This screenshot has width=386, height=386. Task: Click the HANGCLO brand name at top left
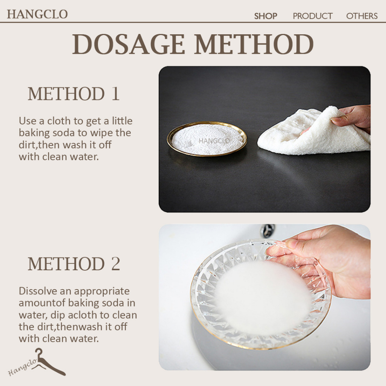[37, 14]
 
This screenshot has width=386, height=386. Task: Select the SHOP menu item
[266, 16]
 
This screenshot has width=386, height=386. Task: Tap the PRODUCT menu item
[312, 16]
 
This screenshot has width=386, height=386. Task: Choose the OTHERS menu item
[361, 16]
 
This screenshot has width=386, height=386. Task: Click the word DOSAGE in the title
[128, 44]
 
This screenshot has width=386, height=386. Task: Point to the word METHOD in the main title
[254, 44]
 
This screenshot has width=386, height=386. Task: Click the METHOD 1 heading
[74, 94]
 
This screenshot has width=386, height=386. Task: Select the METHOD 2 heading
[74, 263]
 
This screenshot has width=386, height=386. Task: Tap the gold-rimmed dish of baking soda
[207, 139]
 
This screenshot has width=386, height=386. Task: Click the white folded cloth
[312, 133]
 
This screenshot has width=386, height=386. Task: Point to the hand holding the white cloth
[352, 117]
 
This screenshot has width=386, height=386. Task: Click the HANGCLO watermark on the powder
[214, 141]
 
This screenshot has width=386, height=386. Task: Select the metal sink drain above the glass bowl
[267, 230]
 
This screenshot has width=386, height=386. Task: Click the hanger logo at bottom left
[37, 362]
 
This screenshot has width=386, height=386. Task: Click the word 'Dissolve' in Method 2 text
[38, 291]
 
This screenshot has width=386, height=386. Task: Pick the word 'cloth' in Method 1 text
[59, 121]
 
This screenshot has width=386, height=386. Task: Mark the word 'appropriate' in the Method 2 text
[102, 292]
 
